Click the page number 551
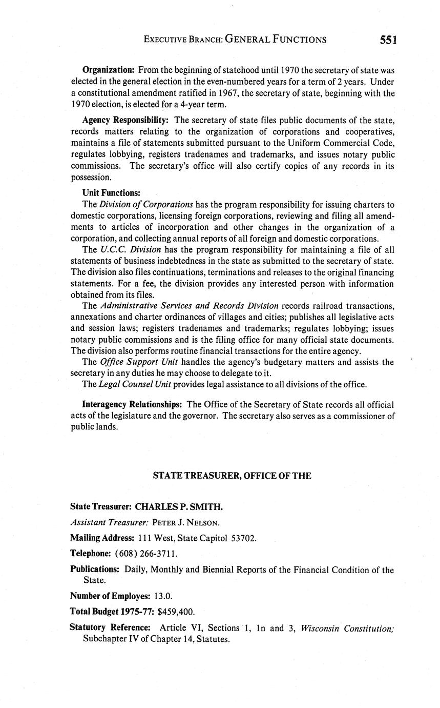click(x=389, y=40)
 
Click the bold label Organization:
click(x=108, y=70)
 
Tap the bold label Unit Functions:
click(x=111, y=193)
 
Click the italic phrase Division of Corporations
click(x=146, y=204)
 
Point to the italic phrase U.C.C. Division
click(x=131, y=250)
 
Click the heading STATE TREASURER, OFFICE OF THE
click(x=232, y=476)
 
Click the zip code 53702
click(x=244, y=538)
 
